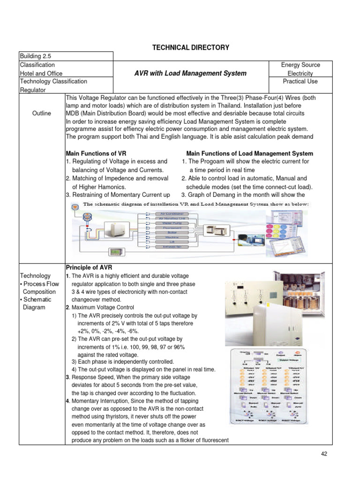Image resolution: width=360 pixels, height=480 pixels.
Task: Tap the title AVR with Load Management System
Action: [191, 73]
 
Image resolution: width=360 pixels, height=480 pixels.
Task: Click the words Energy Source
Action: [300, 65]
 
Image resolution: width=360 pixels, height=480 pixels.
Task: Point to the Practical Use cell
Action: [300, 82]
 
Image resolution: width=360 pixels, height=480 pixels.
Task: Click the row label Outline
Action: [42, 113]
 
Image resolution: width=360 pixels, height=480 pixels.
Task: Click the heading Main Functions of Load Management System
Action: [249, 154]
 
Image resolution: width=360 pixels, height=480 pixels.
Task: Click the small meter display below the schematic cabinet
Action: [116, 253]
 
